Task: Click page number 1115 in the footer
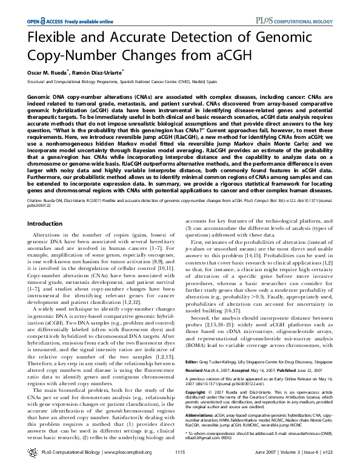pos(179,469)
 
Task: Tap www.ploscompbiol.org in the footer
pos(123,469)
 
